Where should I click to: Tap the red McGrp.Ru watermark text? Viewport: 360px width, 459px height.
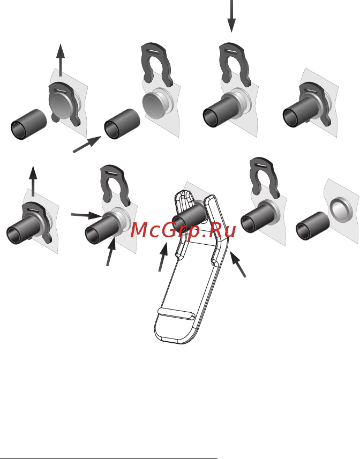click(x=183, y=230)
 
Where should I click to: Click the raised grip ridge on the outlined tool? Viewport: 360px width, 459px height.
click(x=176, y=314)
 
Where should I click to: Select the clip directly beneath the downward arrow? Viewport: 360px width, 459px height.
click(x=234, y=64)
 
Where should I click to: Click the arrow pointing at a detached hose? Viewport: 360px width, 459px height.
click(x=87, y=144)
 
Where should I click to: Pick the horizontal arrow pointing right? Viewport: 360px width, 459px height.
click(x=86, y=216)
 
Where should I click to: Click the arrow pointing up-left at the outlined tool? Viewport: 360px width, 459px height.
click(x=238, y=264)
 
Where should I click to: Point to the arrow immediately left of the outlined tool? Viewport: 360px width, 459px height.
click(x=163, y=257)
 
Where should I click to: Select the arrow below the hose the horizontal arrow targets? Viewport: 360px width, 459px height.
click(x=111, y=251)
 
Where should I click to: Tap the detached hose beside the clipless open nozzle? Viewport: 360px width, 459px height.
click(x=312, y=226)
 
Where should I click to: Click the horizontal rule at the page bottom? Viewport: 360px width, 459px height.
click(x=109, y=458)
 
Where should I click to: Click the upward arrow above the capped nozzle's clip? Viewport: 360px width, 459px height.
click(x=61, y=60)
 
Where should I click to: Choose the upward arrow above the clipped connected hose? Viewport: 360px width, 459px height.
click(x=33, y=181)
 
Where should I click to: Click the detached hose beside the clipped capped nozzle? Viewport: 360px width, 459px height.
click(x=29, y=124)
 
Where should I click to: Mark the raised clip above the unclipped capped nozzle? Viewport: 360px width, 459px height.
click(x=156, y=64)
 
